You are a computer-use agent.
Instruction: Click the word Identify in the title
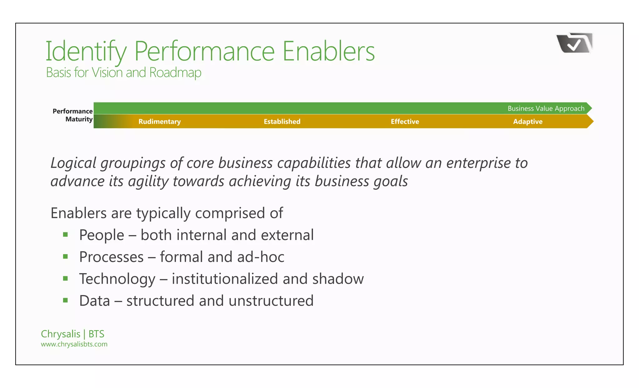coord(86,52)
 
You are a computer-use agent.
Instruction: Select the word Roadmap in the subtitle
coord(175,72)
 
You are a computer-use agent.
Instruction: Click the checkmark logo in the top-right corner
coord(574,43)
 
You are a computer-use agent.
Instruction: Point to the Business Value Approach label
coord(546,108)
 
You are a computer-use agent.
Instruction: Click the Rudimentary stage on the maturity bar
coord(159,121)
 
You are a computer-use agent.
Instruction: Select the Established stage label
coord(282,121)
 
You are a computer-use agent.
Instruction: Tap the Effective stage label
coord(405,121)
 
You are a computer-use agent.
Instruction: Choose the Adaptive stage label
coord(528,121)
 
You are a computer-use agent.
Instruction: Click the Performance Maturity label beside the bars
coord(73,115)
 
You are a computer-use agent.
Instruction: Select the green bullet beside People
coord(66,235)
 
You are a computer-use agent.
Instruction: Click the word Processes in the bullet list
coord(111,257)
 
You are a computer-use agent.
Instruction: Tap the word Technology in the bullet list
coord(117,279)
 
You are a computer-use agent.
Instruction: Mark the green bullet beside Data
coord(66,301)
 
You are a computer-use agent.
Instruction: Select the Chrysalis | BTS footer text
coord(72,334)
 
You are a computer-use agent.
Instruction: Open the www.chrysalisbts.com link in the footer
coord(74,344)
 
